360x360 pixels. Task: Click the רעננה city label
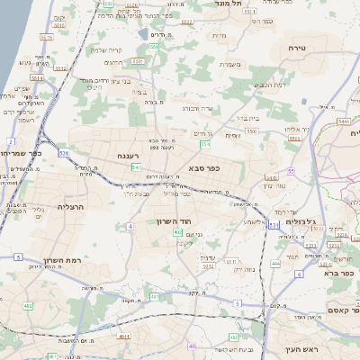coord(126,156)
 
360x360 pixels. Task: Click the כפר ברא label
coord(340,267)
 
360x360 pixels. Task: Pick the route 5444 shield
coord(344,119)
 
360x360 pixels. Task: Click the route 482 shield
coord(28,307)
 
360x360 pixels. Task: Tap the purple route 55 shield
coord(291,170)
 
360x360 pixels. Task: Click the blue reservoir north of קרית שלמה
coord(145,36)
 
